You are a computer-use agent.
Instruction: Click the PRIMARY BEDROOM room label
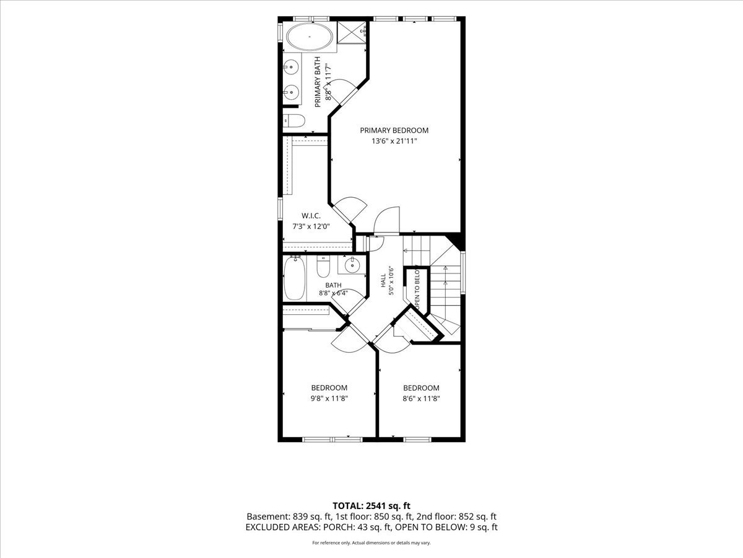(x=394, y=130)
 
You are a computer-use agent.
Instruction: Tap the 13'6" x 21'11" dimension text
(x=394, y=141)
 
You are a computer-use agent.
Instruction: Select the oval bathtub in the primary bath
(x=310, y=37)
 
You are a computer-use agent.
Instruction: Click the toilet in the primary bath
(x=294, y=120)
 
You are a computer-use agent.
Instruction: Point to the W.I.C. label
(x=311, y=216)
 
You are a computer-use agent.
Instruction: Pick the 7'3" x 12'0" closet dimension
(x=311, y=226)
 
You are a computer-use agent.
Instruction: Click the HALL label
(x=383, y=280)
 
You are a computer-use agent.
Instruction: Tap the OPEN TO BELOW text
(x=417, y=289)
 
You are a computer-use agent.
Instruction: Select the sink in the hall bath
(x=352, y=265)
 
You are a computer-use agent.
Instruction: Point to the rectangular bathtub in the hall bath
(x=295, y=278)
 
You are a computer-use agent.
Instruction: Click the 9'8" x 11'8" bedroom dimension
(x=329, y=399)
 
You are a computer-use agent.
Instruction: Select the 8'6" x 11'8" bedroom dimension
(x=421, y=399)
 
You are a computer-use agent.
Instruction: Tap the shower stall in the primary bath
(x=352, y=32)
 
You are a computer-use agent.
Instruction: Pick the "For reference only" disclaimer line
(x=371, y=542)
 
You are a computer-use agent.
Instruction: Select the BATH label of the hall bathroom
(x=333, y=285)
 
